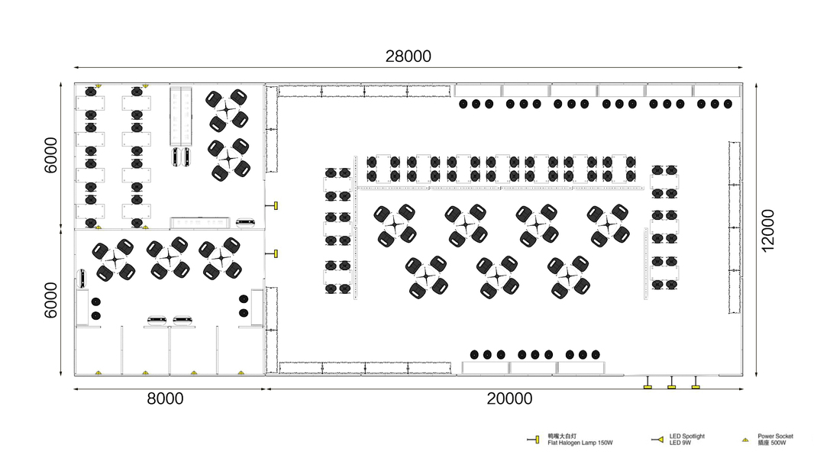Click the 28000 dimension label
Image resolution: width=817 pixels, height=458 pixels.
click(x=408, y=56)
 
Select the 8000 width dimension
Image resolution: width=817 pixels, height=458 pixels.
click(x=165, y=398)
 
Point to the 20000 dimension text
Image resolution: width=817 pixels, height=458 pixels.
click(x=509, y=398)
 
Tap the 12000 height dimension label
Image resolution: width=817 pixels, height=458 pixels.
click(x=768, y=231)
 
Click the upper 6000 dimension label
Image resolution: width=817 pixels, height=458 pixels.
click(x=50, y=155)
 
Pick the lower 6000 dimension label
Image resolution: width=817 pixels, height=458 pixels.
click(x=50, y=301)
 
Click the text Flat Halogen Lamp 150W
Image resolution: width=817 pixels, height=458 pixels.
click(x=580, y=443)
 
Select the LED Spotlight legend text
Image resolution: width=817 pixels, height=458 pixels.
click(x=686, y=436)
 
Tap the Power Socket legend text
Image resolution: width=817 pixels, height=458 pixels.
click(x=775, y=436)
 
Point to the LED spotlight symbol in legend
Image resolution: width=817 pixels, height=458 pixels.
click(x=657, y=440)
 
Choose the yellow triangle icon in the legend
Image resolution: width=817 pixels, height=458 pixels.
click(x=746, y=440)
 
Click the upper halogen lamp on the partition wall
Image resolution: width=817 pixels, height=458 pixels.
click(x=275, y=206)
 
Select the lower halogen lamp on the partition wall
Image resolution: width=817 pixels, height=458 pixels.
click(x=275, y=253)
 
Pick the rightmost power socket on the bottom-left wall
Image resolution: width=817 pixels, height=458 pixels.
click(x=241, y=373)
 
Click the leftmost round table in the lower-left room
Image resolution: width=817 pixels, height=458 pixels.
click(x=114, y=260)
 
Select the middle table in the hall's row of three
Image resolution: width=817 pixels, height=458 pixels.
click(x=497, y=276)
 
